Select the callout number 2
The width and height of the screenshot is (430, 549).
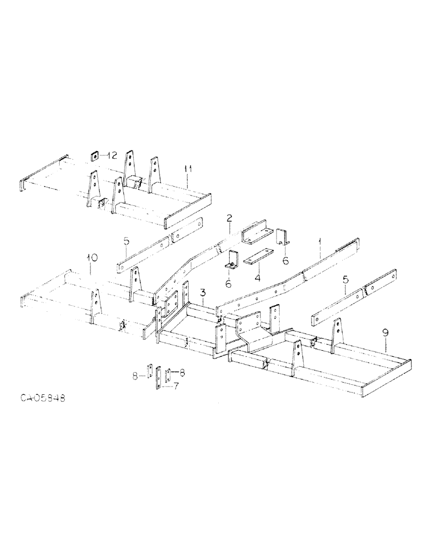pyautogui.click(x=229, y=219)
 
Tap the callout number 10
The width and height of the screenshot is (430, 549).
pyautogui.click(x=92, y=257)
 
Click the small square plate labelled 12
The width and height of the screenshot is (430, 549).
pyautogui.click(x=95, y=156)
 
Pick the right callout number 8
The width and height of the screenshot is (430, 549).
pyautogui.click(x=182, y=373)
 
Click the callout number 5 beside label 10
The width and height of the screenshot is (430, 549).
pyautogui.click(x=127, y=241)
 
